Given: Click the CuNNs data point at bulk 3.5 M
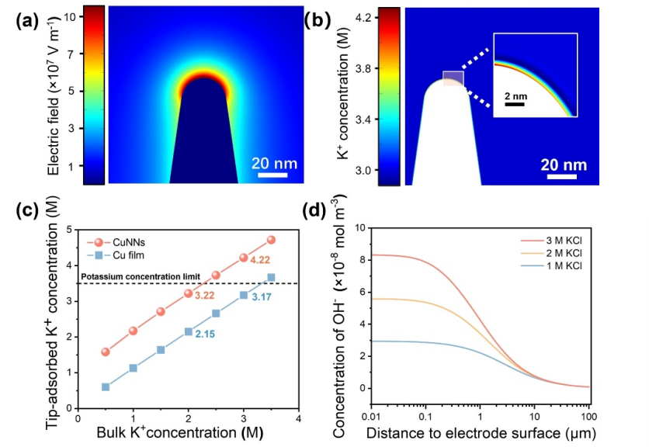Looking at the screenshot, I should point(271,240).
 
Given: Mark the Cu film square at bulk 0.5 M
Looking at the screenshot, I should point(106,386).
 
